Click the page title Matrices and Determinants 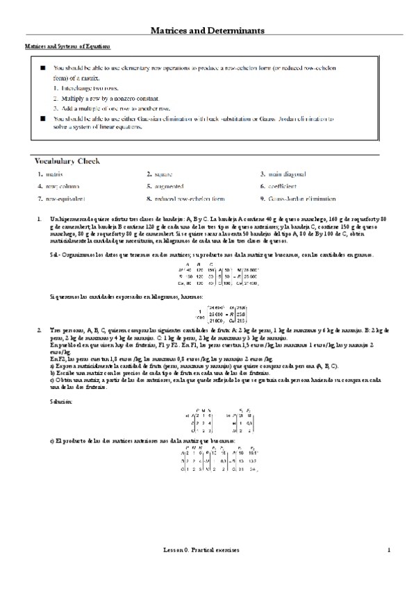(x=208, y=31)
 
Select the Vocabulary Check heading (x=68, y=161)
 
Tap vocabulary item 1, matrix (x=51, y=174)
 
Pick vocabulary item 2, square (x=163, y=174)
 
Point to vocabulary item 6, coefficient (x=281, y=186)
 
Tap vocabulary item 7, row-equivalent (x=60, y=199)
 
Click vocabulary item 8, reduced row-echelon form (x=185, y=199)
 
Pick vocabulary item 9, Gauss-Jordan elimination (x=297, y=199)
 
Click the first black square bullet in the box (x=42, y=69)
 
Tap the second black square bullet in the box (x=42, y=119)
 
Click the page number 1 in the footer (x=389, y=569)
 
